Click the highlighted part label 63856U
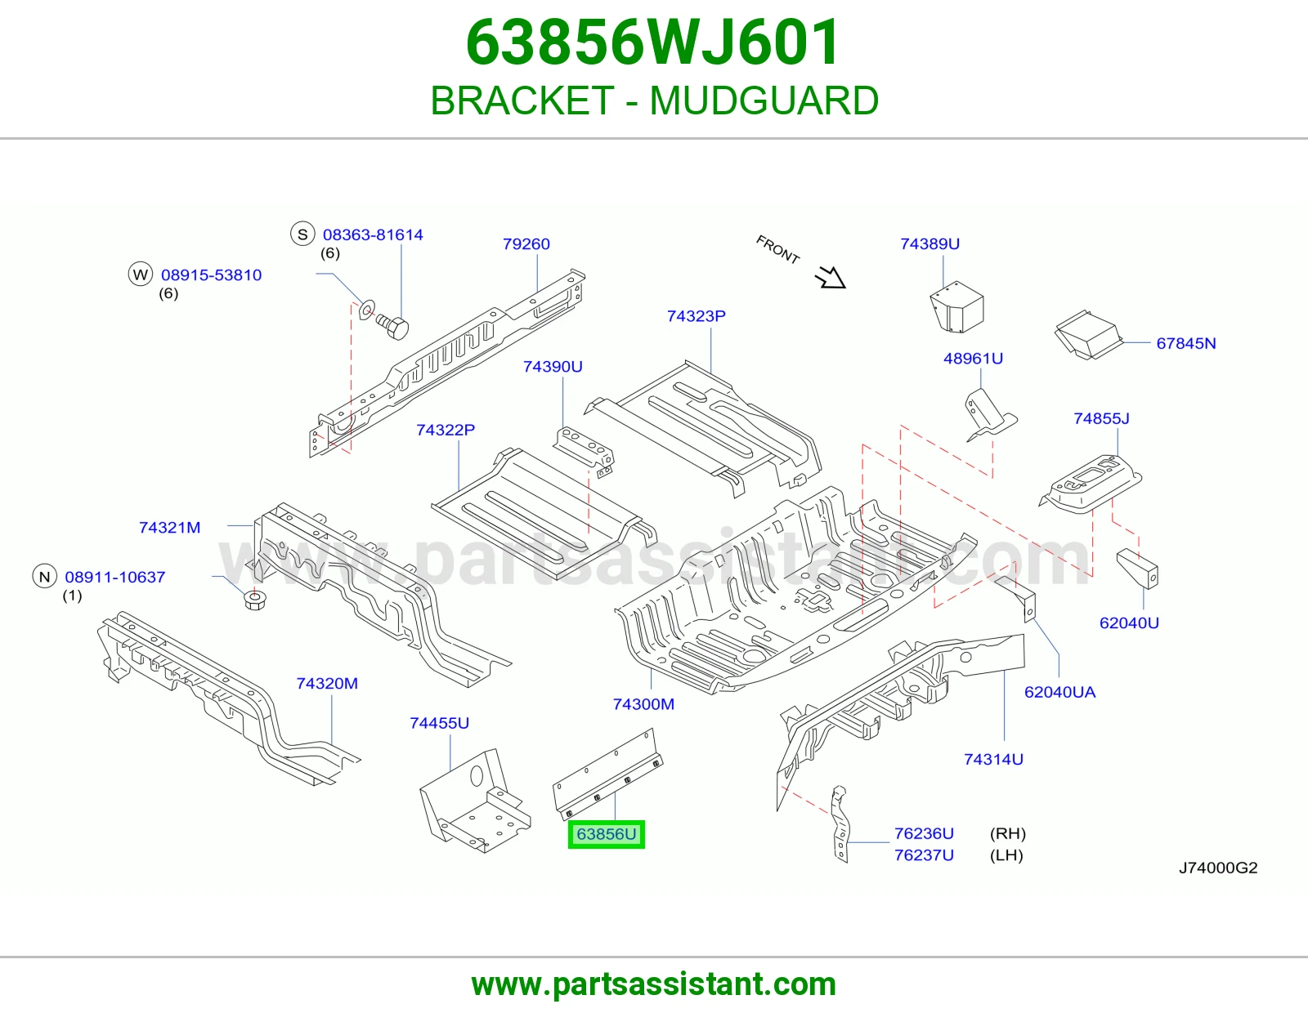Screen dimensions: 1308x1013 click(x=606, y=834)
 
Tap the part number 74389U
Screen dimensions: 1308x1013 click(x=930, y=243)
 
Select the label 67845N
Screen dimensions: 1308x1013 click(x=1186, y=343)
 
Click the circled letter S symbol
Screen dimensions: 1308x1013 click(x=302, y=234)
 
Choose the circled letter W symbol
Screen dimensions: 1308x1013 click(x=141, y=274)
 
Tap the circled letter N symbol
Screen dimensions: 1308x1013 click(x=44, y=576)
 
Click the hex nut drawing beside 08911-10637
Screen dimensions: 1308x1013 click(x=255, y=600)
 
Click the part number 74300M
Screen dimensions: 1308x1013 click(x=643, y=704)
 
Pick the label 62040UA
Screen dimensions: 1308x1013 click(x=1060, y=693)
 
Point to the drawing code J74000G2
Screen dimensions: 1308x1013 click(x=1218, y=868)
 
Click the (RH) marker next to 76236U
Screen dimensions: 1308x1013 click(x=1008, y=834)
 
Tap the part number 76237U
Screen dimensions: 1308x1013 click(x=924, y=855)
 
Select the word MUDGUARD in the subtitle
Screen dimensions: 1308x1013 click(x=764, y=100)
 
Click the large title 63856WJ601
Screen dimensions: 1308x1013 click(x=653, y=42)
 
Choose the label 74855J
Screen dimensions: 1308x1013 click(x=1101, y=418)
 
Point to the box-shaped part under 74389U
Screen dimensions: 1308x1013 click(x=956, y=307)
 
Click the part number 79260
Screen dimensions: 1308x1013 click(x=526, y=244)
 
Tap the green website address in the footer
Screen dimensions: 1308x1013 click(x=654, y=984)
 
